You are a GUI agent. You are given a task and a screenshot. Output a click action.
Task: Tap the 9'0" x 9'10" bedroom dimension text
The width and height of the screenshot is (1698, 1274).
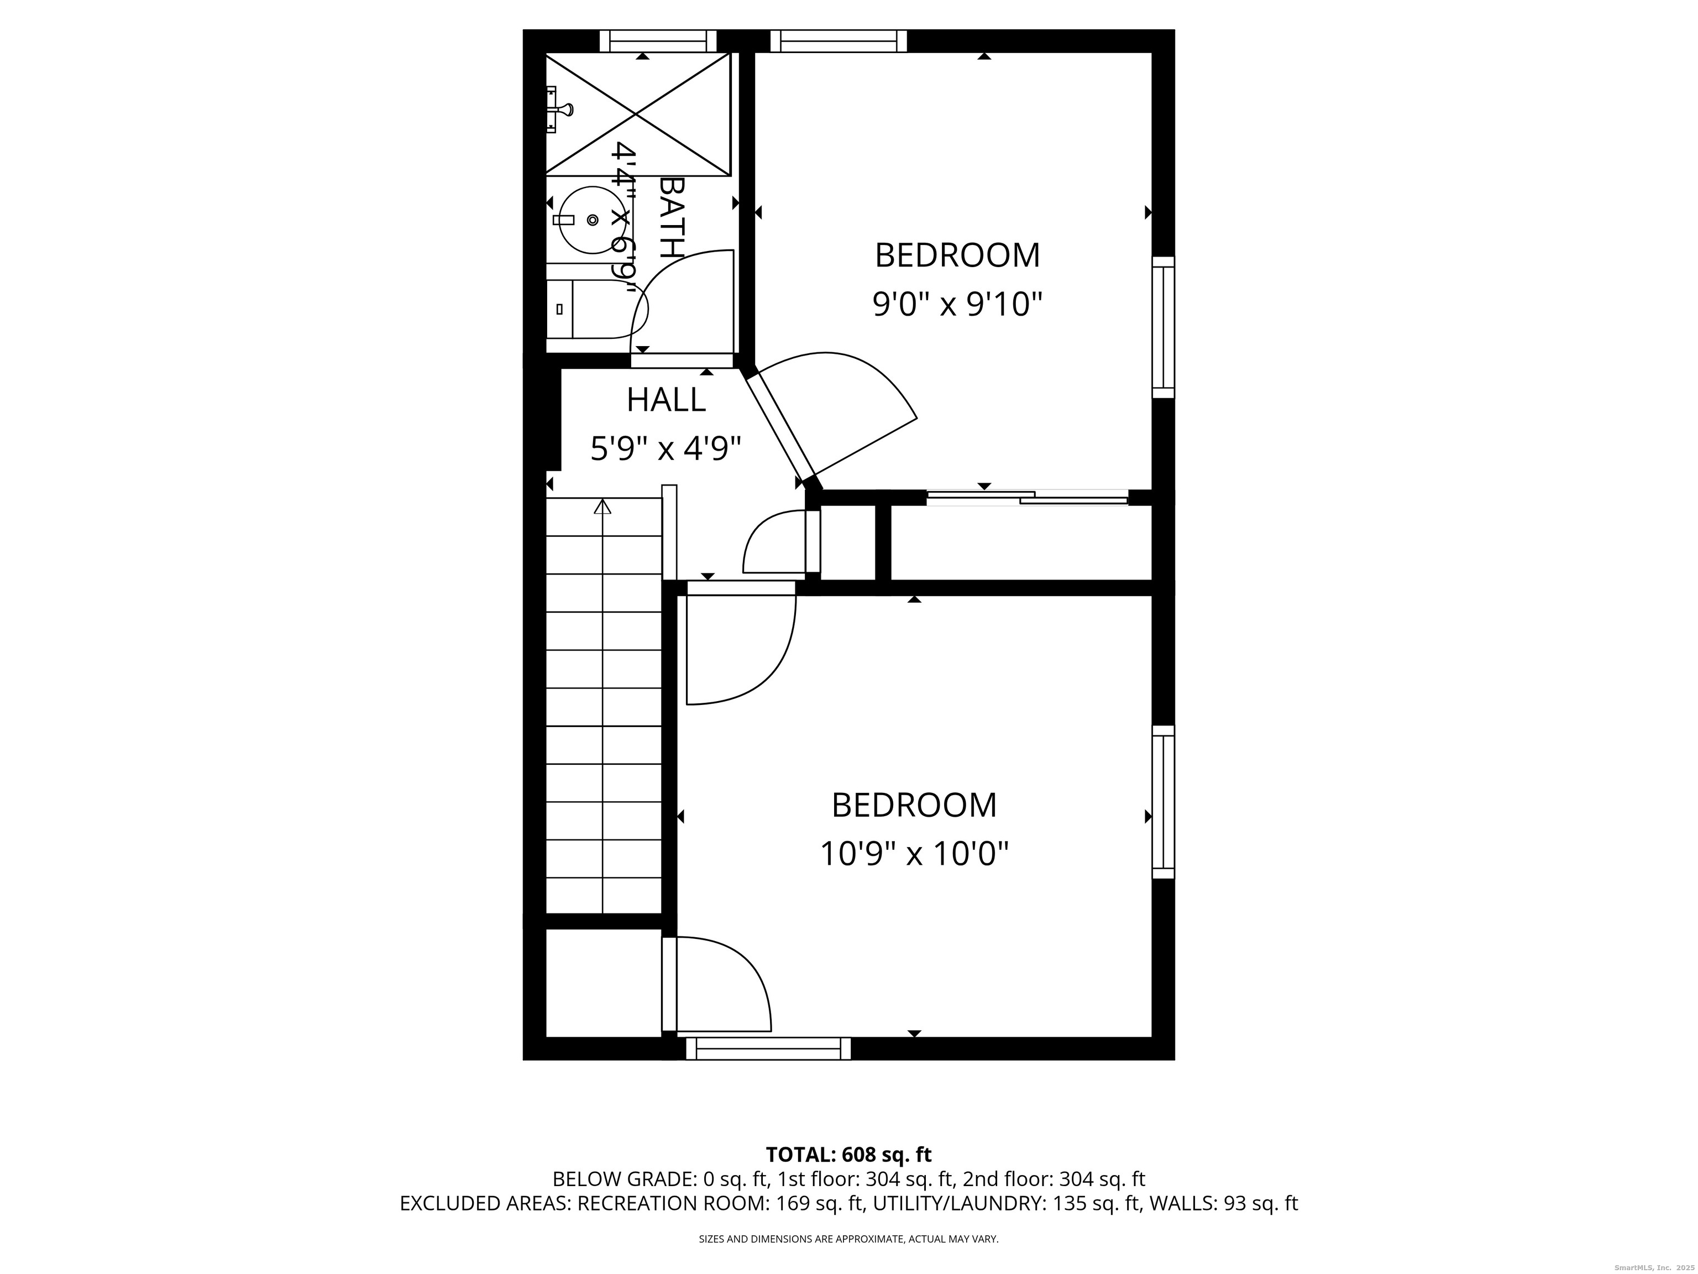[957, 305]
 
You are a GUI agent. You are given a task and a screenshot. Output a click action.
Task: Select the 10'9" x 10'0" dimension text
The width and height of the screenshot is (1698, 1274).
[914, 853]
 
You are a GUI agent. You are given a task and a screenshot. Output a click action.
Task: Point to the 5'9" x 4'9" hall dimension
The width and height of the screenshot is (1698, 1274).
[665, 448]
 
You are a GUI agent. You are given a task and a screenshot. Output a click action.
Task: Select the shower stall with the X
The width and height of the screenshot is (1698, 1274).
[637, 114]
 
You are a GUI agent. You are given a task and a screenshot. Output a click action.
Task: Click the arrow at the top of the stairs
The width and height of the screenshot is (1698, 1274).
[602, 507]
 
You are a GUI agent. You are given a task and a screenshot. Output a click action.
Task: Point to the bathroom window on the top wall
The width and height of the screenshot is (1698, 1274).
[658, 41]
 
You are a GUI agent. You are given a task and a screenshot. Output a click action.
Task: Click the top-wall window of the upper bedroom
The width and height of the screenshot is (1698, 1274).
[838, 41]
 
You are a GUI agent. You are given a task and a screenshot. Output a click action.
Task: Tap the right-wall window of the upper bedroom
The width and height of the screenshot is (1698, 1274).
[1164, 327]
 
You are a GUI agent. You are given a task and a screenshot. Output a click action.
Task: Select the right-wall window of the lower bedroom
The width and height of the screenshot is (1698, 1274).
[1164, 802]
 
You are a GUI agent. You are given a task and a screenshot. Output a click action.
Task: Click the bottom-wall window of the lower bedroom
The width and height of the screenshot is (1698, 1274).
[768, 1049]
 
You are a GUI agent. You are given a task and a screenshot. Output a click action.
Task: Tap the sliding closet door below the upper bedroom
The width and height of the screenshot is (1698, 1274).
[1027, 498]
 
